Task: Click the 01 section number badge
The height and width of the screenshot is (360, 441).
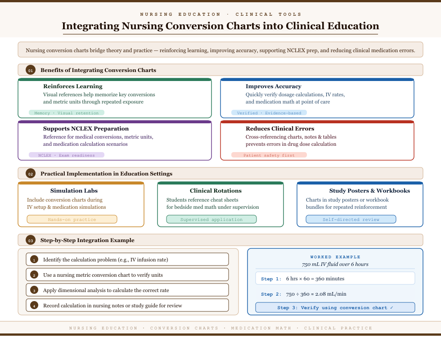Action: [x=31, y=70]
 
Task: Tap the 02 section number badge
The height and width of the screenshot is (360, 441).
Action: [x=31, y=174]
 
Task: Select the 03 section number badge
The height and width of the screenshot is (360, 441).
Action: [x=31, y=240]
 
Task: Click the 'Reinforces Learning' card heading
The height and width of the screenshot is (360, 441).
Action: [x=73, y=86]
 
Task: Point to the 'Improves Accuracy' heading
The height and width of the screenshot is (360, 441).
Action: [x=274, y=86]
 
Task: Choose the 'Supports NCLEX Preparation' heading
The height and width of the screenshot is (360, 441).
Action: [x=86, y=129]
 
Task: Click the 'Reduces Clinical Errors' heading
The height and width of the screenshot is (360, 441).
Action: [x=280, y=129]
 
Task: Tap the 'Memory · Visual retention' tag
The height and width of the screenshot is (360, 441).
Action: [x=67, y=113]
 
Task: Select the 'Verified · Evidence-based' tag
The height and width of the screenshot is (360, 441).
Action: [x=269, y=113]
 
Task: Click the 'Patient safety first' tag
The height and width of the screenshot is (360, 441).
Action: [x=269, y=155]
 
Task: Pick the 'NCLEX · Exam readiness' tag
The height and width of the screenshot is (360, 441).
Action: [x=67, y=155]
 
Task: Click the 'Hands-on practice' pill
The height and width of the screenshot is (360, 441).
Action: [x=72, y=220]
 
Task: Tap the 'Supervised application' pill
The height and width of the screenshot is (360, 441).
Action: [x=211, y=220]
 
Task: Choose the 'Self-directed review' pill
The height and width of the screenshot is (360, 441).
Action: [x=351, y=220]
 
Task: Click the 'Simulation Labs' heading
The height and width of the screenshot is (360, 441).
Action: [x=74, y=191]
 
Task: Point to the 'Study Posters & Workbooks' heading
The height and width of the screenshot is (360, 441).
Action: [x=369, y=191]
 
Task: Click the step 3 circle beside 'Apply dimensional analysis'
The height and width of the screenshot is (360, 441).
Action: [x=34, y=290]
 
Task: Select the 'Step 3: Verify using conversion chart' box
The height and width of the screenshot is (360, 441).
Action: [x=335, y=308]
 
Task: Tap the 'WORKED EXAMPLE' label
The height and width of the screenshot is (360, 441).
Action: [x=335, y=257]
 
